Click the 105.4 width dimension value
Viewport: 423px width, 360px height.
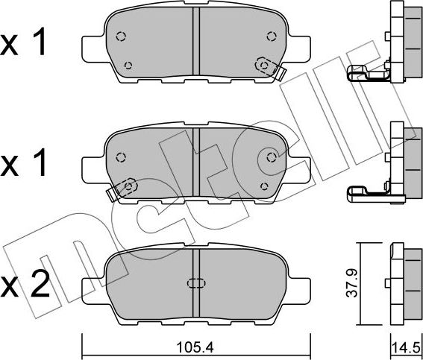pyautogui.click(x=195, y=347)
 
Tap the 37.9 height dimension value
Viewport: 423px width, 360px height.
pyautogui.click(x=352, y=283)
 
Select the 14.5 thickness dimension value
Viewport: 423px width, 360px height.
pyautogui.click(x=407, y=348)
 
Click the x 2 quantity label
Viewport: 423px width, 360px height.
pyautogui.click(x=25, y=284)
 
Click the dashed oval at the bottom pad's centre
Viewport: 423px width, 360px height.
pyautogui.click(x=196, y=283)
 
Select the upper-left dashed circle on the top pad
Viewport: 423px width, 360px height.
pyautogui.click(x=121, y=36)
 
